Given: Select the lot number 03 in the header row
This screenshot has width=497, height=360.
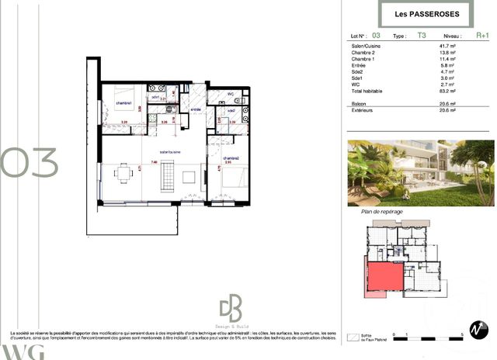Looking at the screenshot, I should tap(377, 36).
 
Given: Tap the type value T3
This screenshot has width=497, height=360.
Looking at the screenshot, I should tap(422, 36).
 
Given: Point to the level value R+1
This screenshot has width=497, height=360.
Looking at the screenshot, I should tap(482, 36).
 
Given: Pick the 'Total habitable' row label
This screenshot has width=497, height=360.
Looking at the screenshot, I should tap(368, 91).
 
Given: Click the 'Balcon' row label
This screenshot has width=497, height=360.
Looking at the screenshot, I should tap(360, 103).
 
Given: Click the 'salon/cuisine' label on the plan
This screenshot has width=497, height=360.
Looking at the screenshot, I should tap(170, 151).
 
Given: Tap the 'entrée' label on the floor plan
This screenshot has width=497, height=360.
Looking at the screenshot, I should tap(196, 109).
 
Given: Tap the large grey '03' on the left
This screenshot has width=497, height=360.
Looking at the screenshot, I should tap(30, 162).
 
